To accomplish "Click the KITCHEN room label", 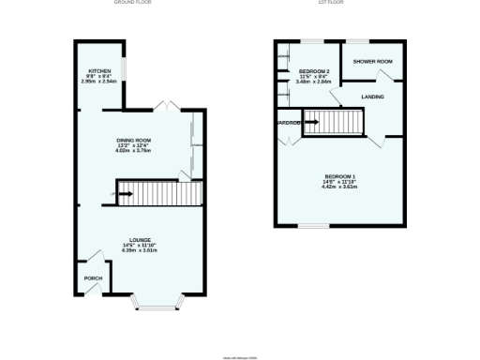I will (100, 70).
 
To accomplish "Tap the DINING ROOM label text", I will (134, 141).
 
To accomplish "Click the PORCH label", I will (93, 277).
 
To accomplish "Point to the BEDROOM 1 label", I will (341, 176).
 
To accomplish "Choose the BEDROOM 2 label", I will (314, 71).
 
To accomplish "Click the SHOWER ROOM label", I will (372, 62).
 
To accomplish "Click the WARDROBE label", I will (288, 123).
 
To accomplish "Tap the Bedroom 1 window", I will (312, 225).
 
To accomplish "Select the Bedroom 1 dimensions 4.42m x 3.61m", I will (341, 187).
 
